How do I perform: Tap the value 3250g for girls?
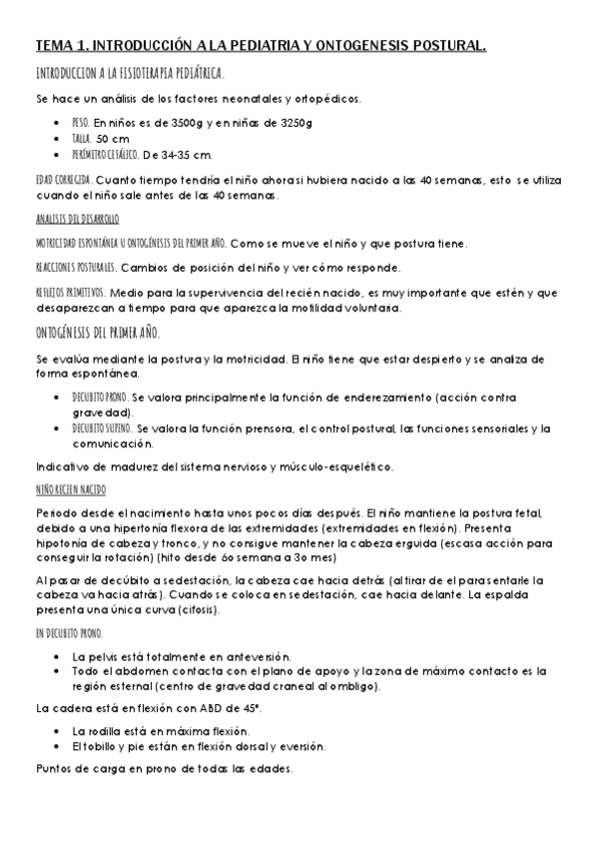pyautogui.click(x=294, y=122)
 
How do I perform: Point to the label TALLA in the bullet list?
pyautogui.click(x=85, y=138)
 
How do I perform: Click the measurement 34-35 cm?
pyautogui.click(x=188, y=155)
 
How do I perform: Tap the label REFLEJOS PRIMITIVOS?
pyautogui.click(x=70, y=293)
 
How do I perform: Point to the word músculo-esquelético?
pyautogui.click(x=349, y=465)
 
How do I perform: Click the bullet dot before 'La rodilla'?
pyautogui.click(x=62, y=731)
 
